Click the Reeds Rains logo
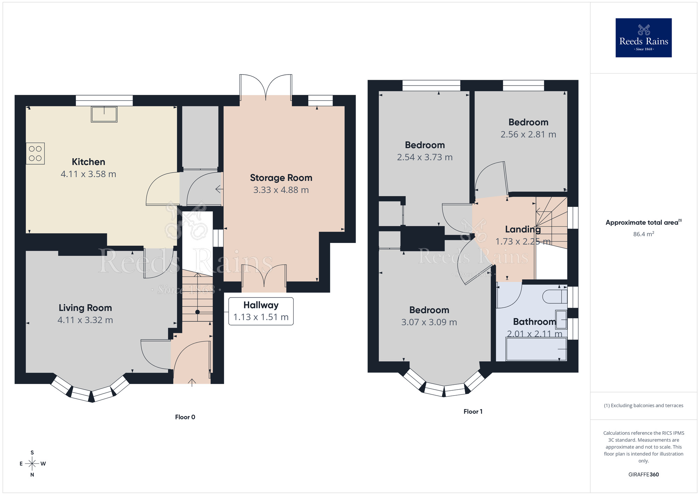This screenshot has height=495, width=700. pyautogui.click(x=643, y=38)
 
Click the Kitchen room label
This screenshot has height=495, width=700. pyautogui.click(x=88, y=162)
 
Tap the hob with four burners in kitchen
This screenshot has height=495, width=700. pyautogui.click(x=35, y=153)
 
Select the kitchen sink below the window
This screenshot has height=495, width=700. pyautogui.click(x=104, y=114)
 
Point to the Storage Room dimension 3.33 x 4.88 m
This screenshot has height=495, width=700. pyautogui.click(x=281, y=190)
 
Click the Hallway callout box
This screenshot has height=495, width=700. pyautogui.click(x=261, y=311)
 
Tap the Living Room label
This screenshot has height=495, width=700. pyautogui.click(x=85, y=308)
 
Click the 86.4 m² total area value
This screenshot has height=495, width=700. pyautogui.click(x=643, y=234)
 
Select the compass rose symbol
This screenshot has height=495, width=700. pyautogui.click(x=32, y=464)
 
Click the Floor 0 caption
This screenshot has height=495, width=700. pyautogui.click(x=185, y=417)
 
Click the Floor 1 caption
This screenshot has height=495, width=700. pyautogui.click(x=473, y=412)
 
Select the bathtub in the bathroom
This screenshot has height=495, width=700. pyautogui.click(x=535, y=349)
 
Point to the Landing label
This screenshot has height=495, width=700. pyautogui.click(x=523, y=229)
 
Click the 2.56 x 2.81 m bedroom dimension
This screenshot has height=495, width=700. pyautogui.click(x=528, y=134)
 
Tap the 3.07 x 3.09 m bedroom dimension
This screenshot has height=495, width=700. pyautogui.click(x=429, y=322)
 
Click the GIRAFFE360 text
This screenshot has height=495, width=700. pyautogui.click(x=643, y=475)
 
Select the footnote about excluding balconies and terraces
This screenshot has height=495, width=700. pyautogui.click(x=643, y=405)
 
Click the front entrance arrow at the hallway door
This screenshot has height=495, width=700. pyautogui.click(x=192, y=382)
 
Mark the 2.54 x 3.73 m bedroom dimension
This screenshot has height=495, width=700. pyautogui.click(x=425, y=157)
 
